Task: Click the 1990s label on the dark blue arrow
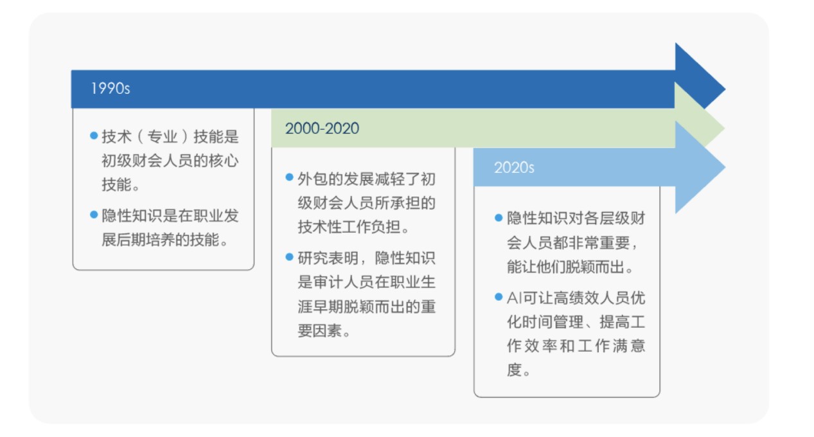[111, 89]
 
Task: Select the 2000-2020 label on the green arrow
[322, 129]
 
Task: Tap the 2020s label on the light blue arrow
[514, 168]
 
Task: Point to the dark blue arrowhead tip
[725, 89]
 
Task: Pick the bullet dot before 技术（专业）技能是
[94, 136]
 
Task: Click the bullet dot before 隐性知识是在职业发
[94, 215]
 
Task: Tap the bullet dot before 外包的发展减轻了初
[290, 177]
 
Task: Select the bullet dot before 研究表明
[290, 257]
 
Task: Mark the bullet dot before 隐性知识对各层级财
[499, 218]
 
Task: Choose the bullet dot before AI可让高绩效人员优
[499, 297]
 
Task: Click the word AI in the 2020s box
[515, 298]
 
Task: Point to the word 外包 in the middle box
[312, 179]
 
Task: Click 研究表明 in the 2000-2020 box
[328, 258]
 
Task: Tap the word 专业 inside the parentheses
[163, 137]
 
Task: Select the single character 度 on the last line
[515, 370]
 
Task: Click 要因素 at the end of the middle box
[320, 330]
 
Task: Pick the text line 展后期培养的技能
[164, 240]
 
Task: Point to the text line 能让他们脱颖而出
[569, 267]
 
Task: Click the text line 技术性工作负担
[353, 227]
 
